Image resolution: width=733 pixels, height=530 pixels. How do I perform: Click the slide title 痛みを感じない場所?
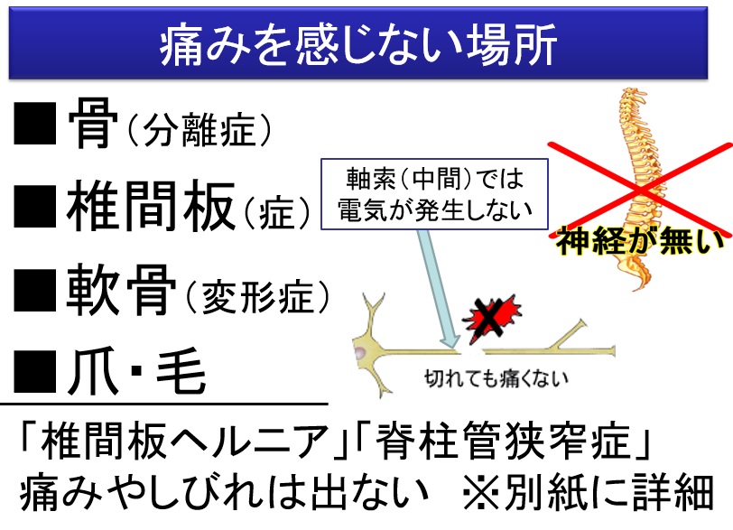[x=358, y=44]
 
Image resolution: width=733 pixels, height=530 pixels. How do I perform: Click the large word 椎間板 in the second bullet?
[x=151, y=207]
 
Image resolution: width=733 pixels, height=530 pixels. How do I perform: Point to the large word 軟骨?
[x=122, y=290]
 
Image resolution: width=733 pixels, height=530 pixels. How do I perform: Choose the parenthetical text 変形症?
[x=257, y=296]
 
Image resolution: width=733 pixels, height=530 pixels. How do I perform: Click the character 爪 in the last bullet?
[x=93, y=372]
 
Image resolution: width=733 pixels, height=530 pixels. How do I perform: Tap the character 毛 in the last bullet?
[x=181, y=372]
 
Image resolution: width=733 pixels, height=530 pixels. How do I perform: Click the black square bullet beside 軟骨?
[x=34, y=290]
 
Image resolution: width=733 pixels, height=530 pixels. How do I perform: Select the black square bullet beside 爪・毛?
[x=34, y=372]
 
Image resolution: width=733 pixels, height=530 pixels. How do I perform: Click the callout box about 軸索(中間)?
[x=434, y=194]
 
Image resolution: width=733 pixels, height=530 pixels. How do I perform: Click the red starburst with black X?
[x=491, y=319]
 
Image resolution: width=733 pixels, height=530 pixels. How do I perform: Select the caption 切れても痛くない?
[x=496, y=378]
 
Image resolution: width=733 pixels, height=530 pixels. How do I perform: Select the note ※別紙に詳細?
[x=588, y=493]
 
